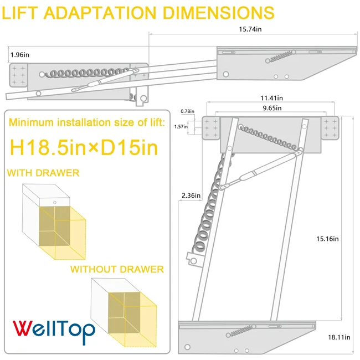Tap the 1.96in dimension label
click(x=19, y=54)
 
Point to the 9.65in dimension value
click(x=272, y=107)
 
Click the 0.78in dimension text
click(x=188, y=111)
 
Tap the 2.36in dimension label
click(x=189, y=196)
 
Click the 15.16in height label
click(x=327, y=239)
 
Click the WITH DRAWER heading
click(x=43, y=173)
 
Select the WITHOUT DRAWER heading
click(x=117, y=269)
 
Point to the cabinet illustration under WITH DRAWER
click(x=55, y=223)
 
